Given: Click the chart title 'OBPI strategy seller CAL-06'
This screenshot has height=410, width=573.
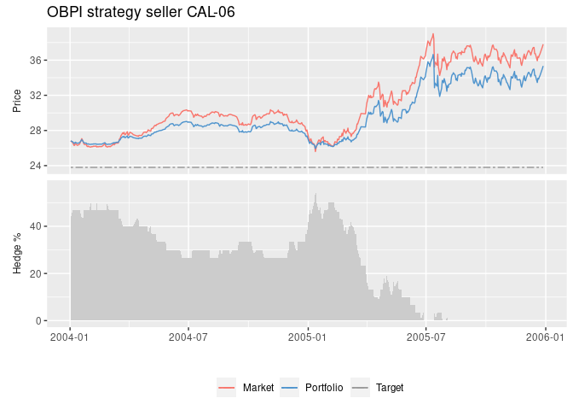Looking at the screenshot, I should coord(141,12).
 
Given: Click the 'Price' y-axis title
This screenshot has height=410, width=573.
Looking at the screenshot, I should coord(17,101).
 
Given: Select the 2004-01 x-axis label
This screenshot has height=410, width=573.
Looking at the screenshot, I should coord(70,337).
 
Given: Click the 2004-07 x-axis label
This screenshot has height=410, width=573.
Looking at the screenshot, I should coord(188,337).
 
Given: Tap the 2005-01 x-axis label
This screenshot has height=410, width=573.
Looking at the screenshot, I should coord(308,337).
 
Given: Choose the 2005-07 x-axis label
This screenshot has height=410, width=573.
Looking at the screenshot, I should coord(426,337).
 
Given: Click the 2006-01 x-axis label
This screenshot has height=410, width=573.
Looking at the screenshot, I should coord(546,337).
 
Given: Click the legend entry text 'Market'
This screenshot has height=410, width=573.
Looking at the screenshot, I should coord(258,388).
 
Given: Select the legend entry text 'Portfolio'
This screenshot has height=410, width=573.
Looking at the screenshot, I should coord(323,388).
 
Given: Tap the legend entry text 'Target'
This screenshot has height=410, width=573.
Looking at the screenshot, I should coord(389,388).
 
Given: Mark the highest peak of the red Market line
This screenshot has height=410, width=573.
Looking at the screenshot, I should coord(433,34).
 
